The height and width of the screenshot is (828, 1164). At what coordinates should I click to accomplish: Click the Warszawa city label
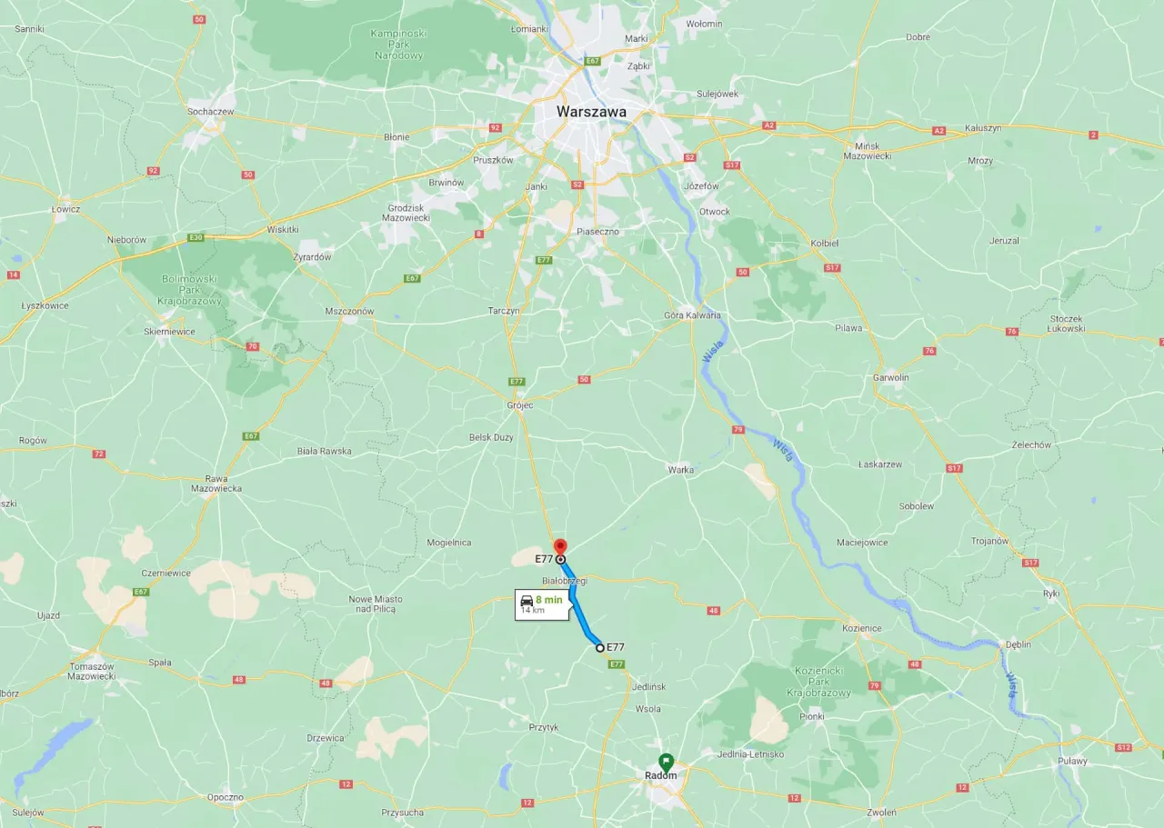click(591, 112)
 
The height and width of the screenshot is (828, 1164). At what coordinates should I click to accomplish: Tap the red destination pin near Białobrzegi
click(561, 547)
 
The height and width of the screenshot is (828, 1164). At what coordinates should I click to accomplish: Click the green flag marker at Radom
click(666, 762)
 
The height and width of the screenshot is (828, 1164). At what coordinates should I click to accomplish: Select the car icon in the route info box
click(527, 600)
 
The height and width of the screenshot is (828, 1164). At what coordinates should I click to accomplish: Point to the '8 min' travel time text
click(548, 600)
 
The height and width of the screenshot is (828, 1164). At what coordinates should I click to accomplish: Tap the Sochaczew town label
click(210, 112)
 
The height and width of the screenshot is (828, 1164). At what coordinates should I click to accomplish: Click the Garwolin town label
click(890, 377)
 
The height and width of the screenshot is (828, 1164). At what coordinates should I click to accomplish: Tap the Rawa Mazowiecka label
click(216, 484)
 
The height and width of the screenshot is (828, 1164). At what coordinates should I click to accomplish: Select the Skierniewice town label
click(168, 332)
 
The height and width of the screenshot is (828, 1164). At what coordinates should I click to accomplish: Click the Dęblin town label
click(1018, 644)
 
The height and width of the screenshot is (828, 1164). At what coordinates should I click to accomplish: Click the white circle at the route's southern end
click(600, 648)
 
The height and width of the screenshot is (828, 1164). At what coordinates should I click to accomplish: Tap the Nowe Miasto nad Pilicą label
click(376, 604)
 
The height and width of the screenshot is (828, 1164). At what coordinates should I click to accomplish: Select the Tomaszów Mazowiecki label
click(92, 672)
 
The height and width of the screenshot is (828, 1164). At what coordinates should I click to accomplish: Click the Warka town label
click(680, 470)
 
